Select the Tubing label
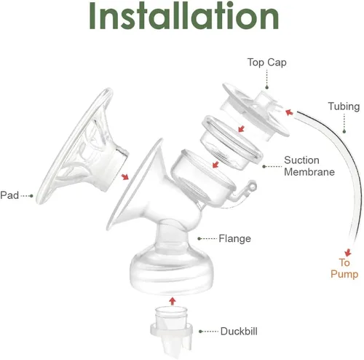coord(344,107)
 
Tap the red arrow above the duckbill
coord(171,300)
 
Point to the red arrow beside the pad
coord(125,175)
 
